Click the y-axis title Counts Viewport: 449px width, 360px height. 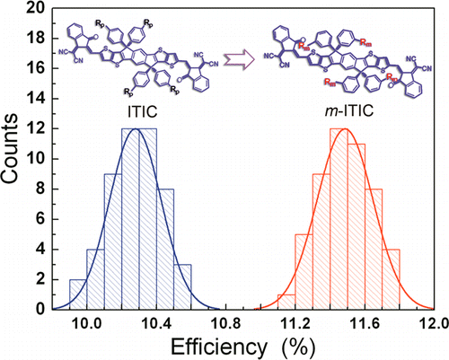(20, 157)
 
